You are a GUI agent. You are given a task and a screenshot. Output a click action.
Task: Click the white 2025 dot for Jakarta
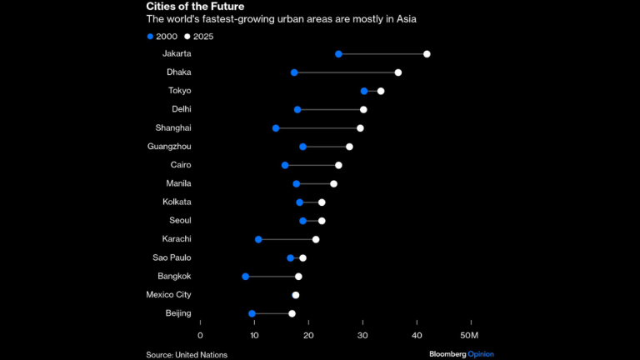[x=427, y=54]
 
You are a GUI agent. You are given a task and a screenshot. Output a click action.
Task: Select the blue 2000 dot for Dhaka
[x=294, y=72]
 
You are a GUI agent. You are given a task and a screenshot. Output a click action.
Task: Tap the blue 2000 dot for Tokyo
[x=364, y=91]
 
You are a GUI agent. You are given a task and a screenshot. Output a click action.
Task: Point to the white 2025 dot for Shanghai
[x=360, y=128]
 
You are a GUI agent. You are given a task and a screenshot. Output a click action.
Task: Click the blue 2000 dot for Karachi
[x=258, y=239]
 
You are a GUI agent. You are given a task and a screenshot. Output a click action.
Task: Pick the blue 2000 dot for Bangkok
[x=245, y=276]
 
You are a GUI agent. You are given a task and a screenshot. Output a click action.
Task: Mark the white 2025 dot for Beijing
[x=292, y=313]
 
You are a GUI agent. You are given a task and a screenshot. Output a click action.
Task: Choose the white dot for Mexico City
[x=296, y=295]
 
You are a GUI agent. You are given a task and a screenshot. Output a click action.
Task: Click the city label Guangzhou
[x=169, y=147]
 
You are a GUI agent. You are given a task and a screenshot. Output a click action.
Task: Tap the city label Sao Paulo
[x=172, y=257]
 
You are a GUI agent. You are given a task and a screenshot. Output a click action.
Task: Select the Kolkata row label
[x=177, y=202]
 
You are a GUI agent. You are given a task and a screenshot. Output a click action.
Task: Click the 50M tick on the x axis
[x=469, y=335]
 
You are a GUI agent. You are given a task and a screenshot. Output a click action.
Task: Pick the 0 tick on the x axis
[x=200, y=335]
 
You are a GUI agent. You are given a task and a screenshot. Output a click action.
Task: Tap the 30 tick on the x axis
[x=362, y=335]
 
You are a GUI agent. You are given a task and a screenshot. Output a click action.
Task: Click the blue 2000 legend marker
[x=150, y=37]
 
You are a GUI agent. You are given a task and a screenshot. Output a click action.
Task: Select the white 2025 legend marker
[x=188, y=37]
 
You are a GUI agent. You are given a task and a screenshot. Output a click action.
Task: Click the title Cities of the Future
[x=195, y=7]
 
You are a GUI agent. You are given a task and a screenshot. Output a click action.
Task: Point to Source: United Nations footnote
[x=187, y=354]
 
